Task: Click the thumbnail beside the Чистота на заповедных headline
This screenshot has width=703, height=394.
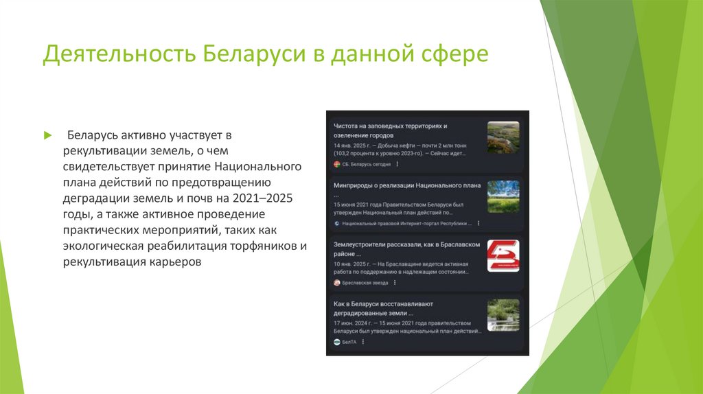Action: coord(503,137)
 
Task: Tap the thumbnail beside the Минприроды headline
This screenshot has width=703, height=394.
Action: coord(503,196)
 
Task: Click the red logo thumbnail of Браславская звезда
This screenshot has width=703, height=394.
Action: coord(503,256)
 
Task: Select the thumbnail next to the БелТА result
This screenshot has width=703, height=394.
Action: coord(503,315)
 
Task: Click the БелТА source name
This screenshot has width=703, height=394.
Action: coord(349,342)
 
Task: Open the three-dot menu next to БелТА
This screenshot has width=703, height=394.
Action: coord(362,342)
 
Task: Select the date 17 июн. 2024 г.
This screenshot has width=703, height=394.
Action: coord(351,321)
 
